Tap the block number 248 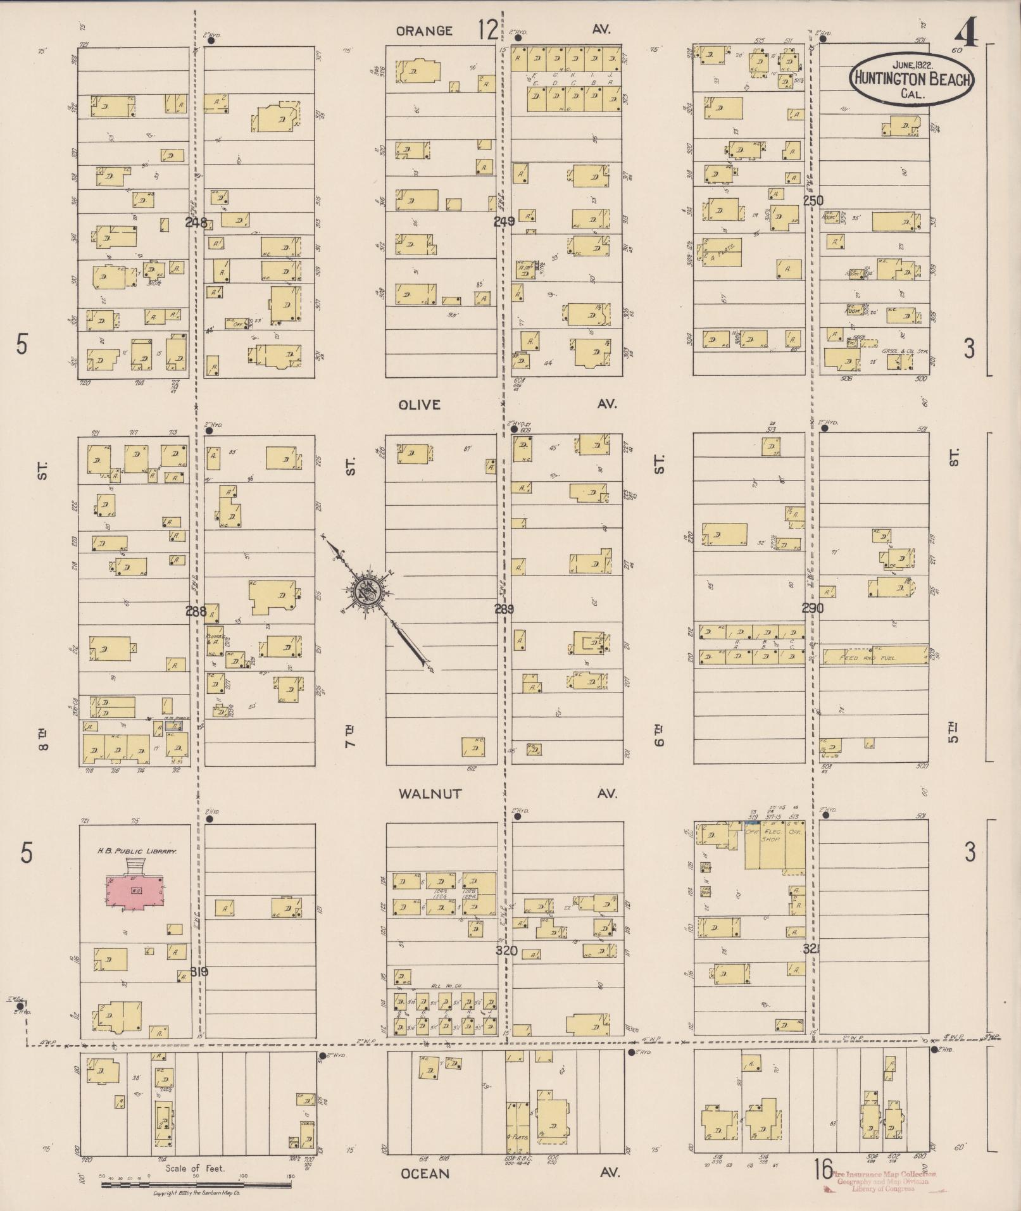click(x=196, y=222)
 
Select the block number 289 click(x=504, y=610)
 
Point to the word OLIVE click(x=419, y=405)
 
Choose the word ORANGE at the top click(x=424, y=31)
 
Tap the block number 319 click(x=199, y=972)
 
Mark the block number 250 click(x=813, y=201)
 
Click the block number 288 click(x=196, y=611)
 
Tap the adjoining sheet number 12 click(x=488, y=30)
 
